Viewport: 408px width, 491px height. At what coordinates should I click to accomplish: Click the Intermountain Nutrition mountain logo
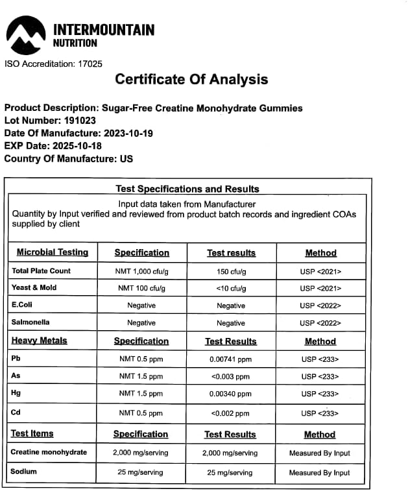[25, 36]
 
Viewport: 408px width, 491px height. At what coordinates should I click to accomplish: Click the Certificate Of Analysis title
[191, 80]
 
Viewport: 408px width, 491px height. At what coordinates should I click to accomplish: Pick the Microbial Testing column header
[53, 252]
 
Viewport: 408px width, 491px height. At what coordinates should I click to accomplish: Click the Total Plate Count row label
[42, 270]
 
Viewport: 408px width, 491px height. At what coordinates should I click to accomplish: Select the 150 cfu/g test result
[231, 271]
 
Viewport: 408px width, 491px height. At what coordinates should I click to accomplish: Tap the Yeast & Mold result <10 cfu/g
[231, 288]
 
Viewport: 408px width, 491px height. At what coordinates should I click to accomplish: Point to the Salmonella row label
[30, 322]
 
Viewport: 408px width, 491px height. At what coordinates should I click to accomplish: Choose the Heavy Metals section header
[39, 341]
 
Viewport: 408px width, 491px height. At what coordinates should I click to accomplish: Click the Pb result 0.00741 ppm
[231, 359]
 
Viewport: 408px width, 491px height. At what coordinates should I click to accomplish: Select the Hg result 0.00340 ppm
[231, 394]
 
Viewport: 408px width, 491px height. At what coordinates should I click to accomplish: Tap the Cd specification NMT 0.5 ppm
[141, 413]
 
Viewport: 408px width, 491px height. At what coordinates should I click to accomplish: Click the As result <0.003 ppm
[231, 376]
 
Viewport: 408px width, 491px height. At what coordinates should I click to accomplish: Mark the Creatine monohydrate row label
[49, 452]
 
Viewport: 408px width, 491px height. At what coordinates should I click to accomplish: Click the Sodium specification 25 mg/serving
[141, 472]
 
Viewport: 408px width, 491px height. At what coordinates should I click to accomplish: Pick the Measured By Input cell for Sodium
[320, 472]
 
